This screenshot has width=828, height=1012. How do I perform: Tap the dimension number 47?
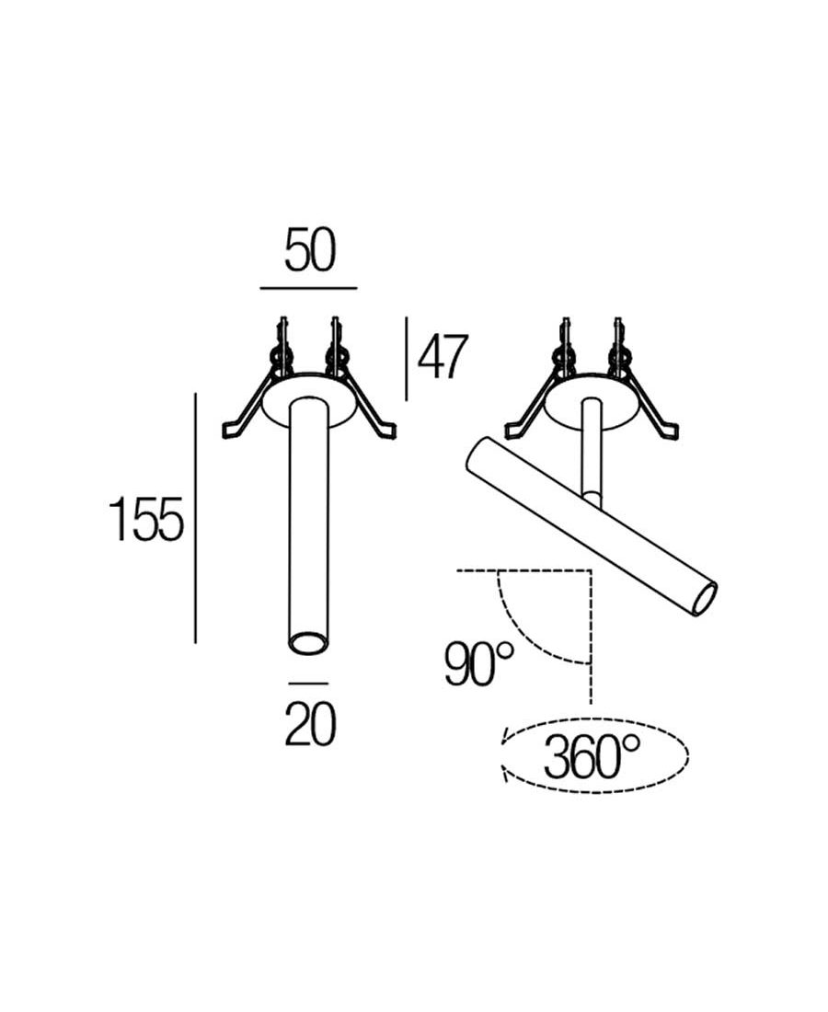coord(443,358)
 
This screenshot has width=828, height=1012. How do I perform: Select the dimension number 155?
coord(146,519)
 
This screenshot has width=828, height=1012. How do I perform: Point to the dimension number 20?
coord(310,725)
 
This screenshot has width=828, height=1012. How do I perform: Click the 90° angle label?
coord(479,663)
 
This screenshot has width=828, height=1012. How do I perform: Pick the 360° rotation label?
coord(592,756)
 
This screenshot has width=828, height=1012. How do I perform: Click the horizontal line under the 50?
coord(308,288)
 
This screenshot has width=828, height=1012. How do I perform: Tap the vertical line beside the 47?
coord(406,358)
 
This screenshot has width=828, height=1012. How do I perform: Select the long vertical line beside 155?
coord(195,518)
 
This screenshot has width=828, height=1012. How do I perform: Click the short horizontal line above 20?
coord(308,683)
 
